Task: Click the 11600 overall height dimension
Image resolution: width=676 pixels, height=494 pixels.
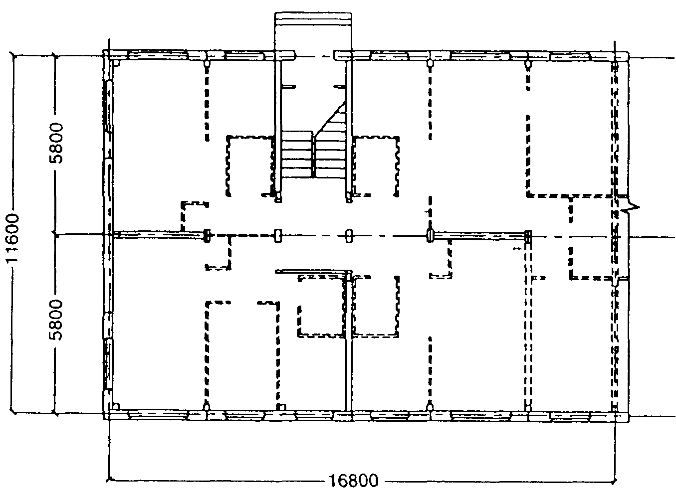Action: [x=12, y=238]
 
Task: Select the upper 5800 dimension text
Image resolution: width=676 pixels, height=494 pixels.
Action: [x=56, y=143]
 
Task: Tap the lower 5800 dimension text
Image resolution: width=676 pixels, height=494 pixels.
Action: [x=56, y=320]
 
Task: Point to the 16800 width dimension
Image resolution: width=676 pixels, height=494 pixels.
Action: [x=354, y=481]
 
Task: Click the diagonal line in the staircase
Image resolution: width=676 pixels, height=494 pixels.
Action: [x=330, y=118]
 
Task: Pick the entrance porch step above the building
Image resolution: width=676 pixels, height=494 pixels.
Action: [x=313, y=19]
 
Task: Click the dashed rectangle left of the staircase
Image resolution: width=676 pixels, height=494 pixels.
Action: [x=250, y=166]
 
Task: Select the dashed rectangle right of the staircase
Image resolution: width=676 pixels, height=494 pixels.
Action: [x=376, y=166]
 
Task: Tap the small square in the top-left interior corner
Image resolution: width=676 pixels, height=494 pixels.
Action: [x=117, y=63]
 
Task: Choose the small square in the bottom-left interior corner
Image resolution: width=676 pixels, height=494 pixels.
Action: [x=116, y=407]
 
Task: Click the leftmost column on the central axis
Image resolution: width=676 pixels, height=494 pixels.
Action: [x=207, y=236]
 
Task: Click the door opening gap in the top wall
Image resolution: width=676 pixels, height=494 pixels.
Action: [x=314, y=56]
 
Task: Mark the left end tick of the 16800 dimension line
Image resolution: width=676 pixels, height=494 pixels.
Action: [x=109, y=479]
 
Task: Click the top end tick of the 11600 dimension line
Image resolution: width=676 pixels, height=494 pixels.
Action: [x=12, y=55]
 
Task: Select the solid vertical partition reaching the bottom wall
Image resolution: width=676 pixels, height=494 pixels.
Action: [x=349, y=341]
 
